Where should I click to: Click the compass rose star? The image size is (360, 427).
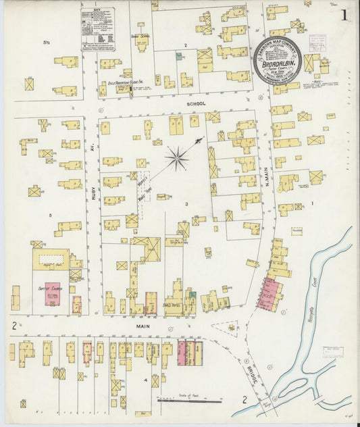pos(177,159)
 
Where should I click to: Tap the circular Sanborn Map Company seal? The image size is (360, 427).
pos(278,59)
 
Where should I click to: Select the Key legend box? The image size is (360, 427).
pos(97,28)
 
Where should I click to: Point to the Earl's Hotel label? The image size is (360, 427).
pos(173,303)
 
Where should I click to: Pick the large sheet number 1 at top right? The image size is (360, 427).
pos(344,15)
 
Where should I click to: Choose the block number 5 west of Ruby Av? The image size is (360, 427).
pos(51,216)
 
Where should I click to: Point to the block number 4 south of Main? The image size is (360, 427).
pos(145,362)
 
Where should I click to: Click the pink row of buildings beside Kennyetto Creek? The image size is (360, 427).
pos(268,294)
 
